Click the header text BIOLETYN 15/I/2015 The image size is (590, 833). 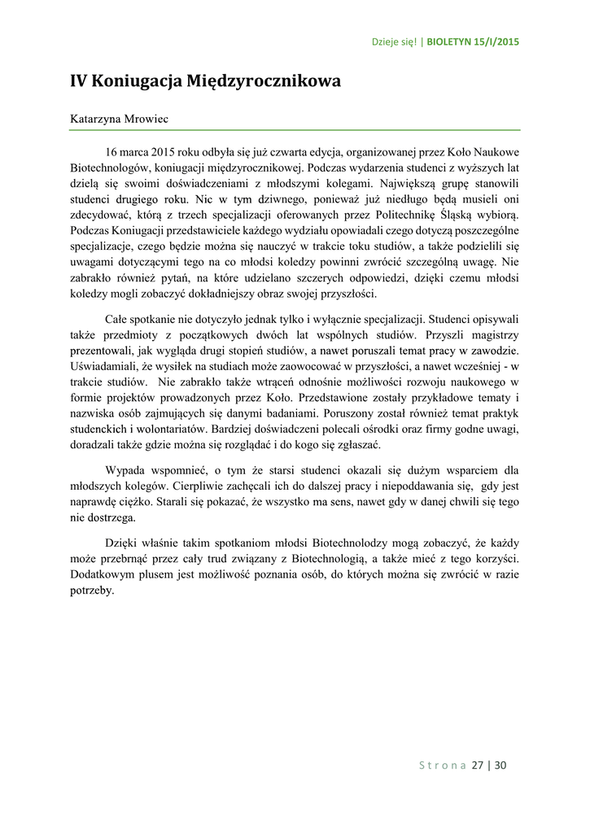point(473,41)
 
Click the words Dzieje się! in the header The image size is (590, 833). point(394,41)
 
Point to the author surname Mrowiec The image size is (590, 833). point(146,119)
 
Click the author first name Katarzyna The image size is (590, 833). point(95,119)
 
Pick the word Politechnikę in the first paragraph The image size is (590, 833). point(424,215)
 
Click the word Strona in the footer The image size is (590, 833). point(442,765)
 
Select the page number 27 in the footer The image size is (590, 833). point(479,765)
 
